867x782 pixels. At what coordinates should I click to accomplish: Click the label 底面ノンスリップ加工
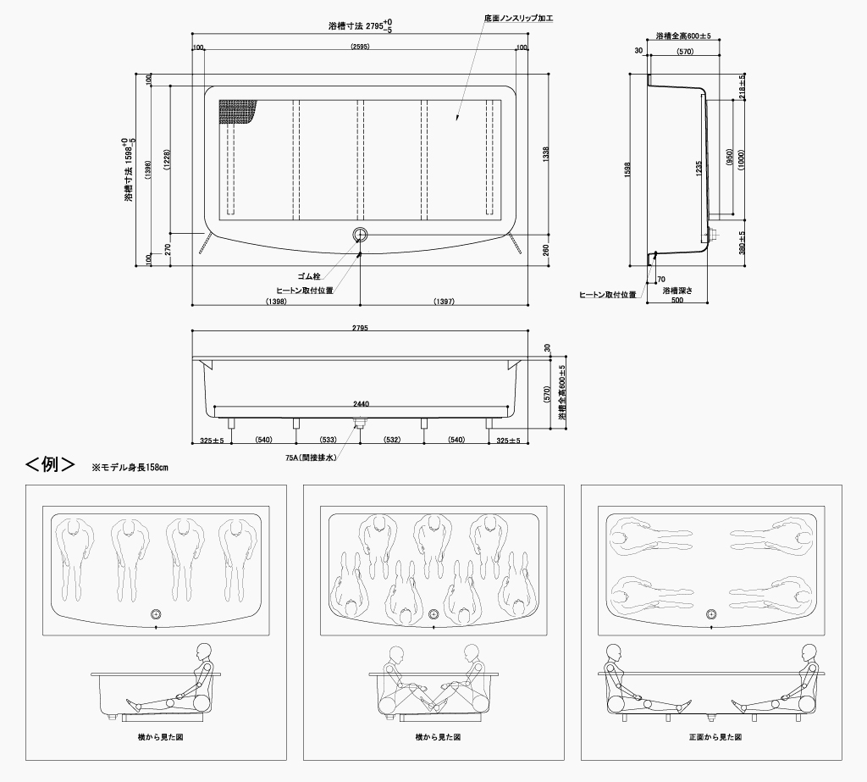click(518, 19)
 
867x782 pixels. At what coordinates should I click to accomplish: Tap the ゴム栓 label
click(309, 276)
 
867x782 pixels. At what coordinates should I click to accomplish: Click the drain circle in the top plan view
click(360, 235)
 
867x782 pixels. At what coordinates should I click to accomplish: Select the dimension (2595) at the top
click(360, 47)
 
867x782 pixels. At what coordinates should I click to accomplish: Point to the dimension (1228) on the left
click(168, 160)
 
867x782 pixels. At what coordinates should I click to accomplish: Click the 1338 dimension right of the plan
click(546, 154)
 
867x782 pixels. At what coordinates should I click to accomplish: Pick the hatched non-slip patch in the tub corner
click(238, 113)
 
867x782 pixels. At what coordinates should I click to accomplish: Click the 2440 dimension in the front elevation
click(361, 404)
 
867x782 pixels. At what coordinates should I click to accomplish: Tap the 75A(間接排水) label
click(311, 458)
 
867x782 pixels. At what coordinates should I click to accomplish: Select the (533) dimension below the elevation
click(329, 440)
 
